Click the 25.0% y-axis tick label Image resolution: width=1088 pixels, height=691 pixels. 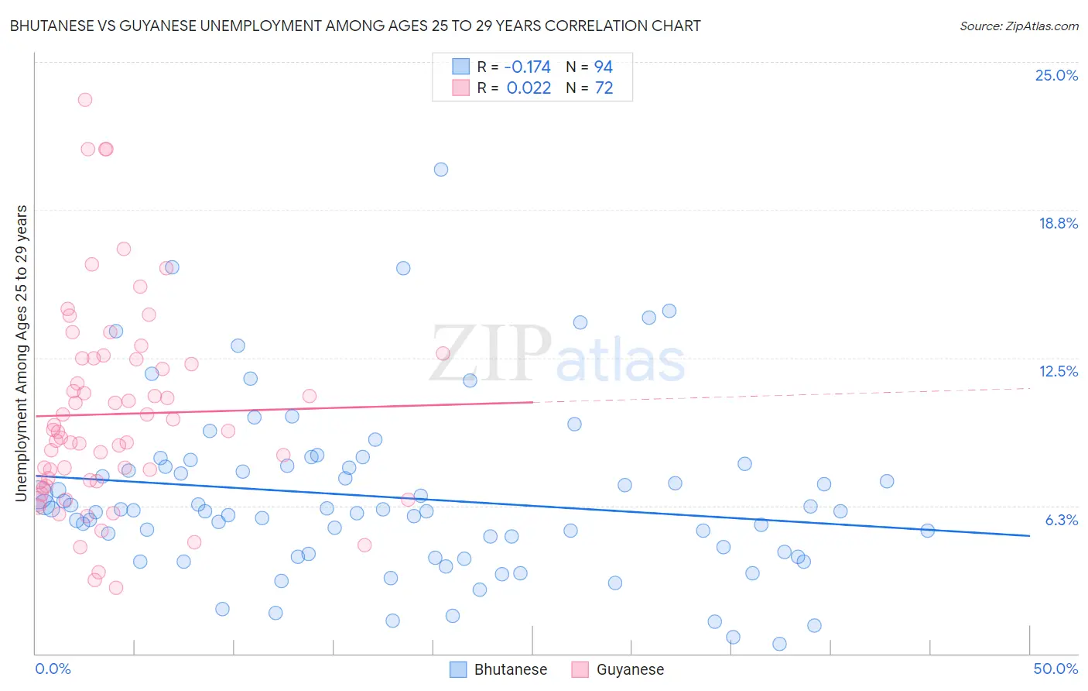1056,75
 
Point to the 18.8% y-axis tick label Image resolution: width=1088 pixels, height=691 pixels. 1058,223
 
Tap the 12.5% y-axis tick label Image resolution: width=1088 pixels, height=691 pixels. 1058,371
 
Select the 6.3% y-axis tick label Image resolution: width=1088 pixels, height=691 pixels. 1061,520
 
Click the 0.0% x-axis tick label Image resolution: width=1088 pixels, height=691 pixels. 53,669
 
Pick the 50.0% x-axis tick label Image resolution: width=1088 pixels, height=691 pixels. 1055,669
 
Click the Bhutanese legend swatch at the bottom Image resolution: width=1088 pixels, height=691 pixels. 458,669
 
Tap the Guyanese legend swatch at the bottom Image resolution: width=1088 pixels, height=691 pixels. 580,669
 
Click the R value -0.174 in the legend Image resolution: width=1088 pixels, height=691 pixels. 528,67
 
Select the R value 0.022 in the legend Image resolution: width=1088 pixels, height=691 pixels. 529,88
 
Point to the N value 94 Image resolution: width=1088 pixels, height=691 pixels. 604,67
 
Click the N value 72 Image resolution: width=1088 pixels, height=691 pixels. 604,88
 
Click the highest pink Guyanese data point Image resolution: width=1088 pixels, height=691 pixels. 85,100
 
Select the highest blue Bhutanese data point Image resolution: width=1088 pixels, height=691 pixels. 441,170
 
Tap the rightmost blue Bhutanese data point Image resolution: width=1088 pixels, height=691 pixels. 928,531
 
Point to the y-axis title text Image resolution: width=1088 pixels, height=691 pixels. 22,353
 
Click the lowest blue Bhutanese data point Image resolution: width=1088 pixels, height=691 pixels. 779,644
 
